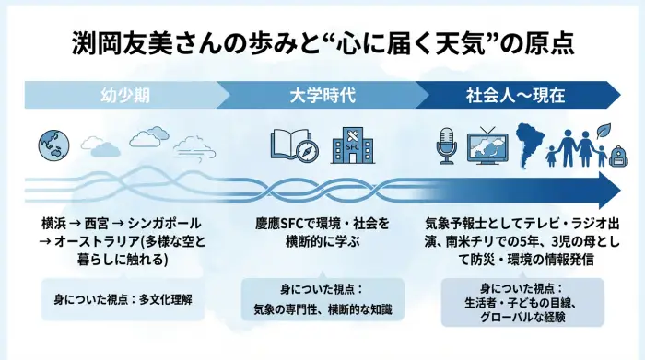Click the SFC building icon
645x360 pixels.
(x=352, y=143)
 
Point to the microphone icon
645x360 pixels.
(x=447, y=144)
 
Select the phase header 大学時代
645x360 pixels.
(x=315, y=94)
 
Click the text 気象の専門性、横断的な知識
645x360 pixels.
(x=314, y=309)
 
